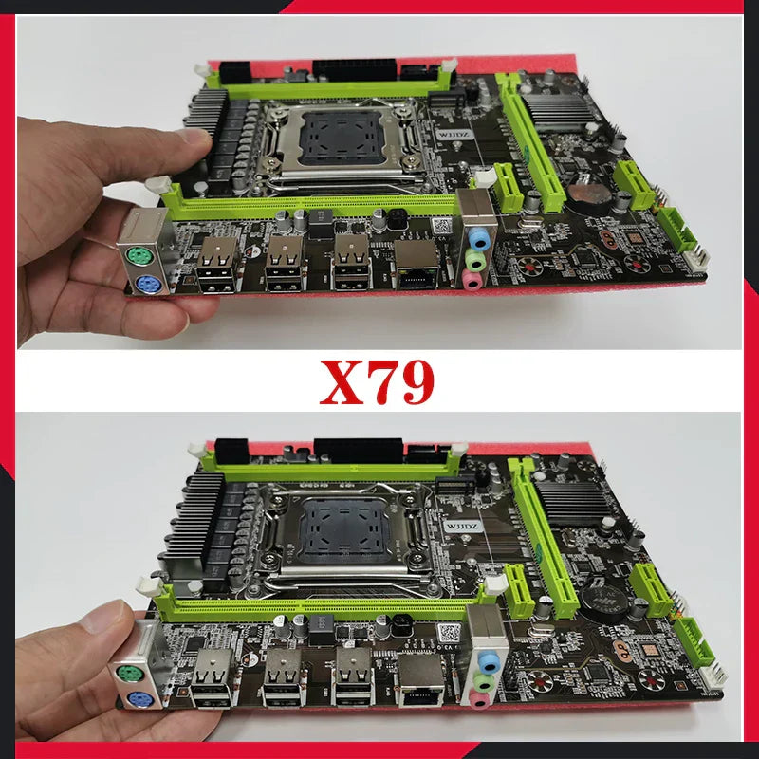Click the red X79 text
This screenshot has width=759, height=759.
tap(378, 381)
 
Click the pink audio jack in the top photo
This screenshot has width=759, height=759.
tap(472, 279)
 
